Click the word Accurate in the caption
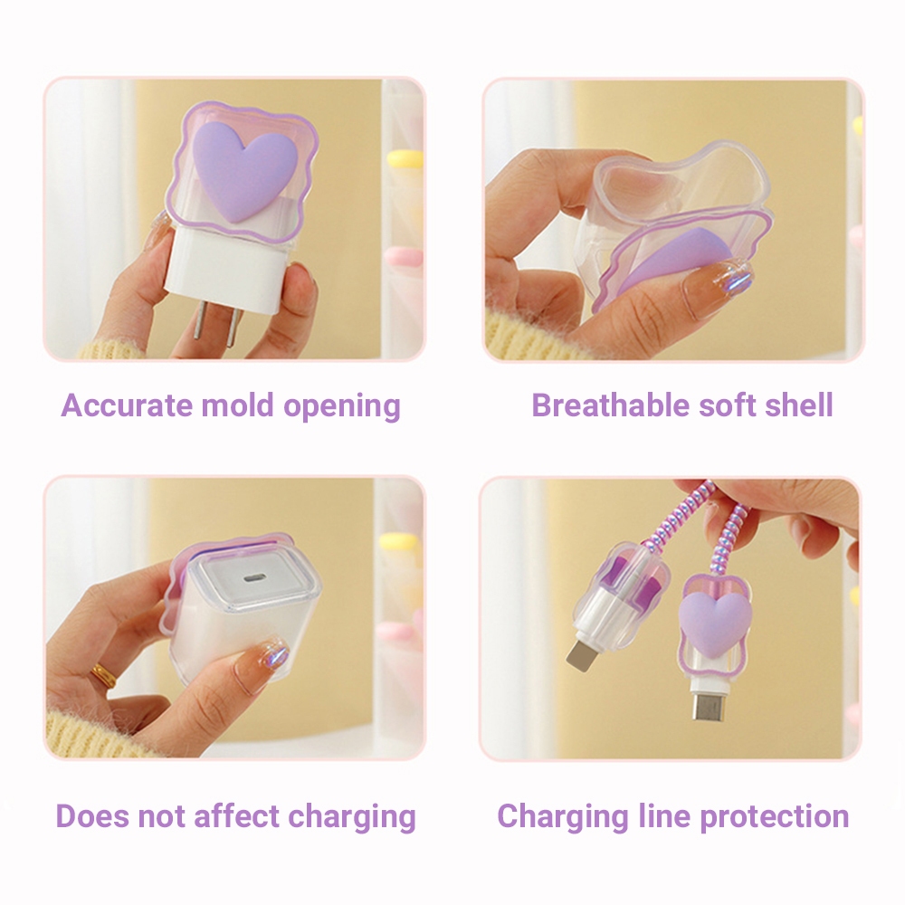tap(127, 405)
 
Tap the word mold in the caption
tap(237, 405)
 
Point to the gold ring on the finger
tap(103, 675)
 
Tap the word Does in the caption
tap(91, 816)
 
